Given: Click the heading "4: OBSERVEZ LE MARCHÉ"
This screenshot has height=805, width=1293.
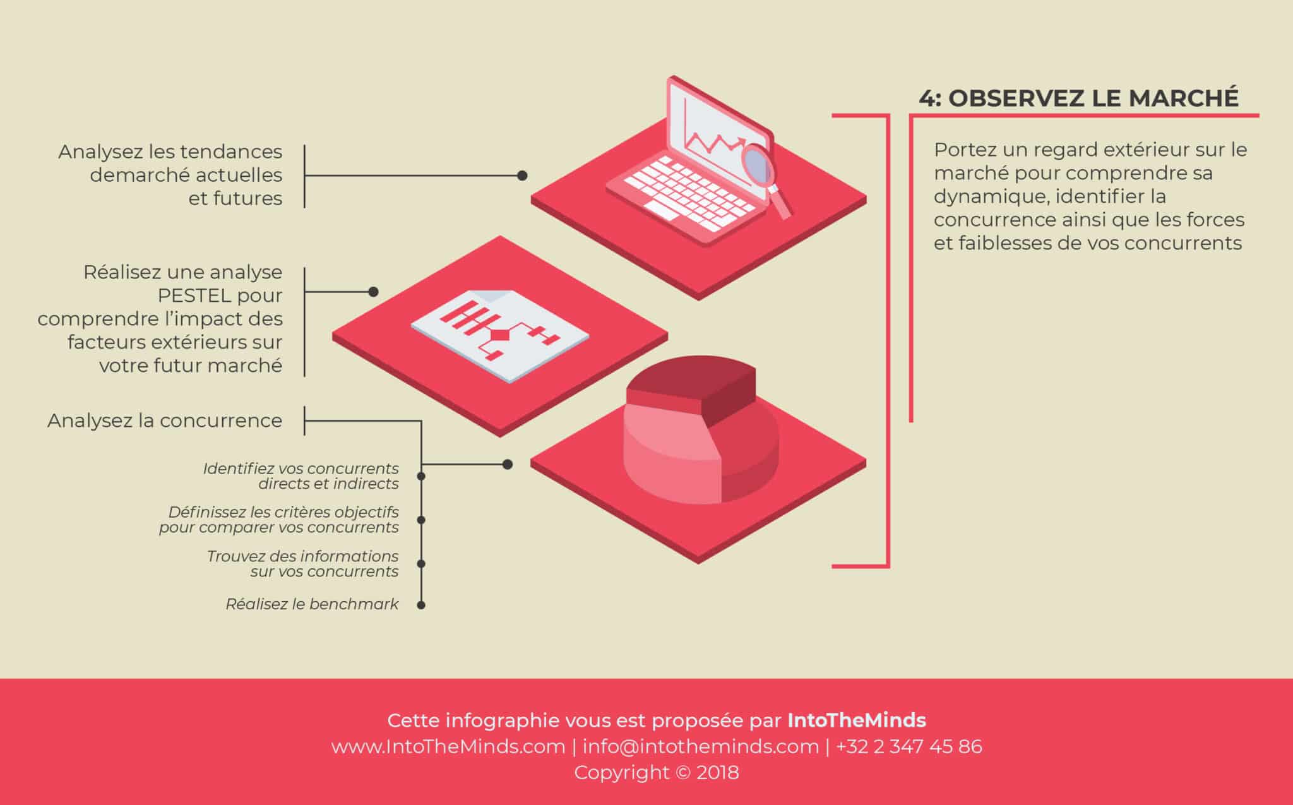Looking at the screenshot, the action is click(x=1078, y=98).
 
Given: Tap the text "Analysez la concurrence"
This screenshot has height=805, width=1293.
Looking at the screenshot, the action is click(x=165, y=420).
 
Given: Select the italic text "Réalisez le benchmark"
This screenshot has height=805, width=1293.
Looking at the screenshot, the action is click(x=312, y=604).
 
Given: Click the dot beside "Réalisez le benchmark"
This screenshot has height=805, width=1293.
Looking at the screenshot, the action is click(x=421, y=605).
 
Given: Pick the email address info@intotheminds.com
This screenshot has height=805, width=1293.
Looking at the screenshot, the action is click(x=701, y=747).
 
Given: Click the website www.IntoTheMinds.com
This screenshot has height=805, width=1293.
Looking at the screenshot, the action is click(x=448, y=747).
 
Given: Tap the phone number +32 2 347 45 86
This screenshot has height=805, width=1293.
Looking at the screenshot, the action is click(x=909, y=747).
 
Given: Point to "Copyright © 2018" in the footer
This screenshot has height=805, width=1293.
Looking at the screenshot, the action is click(x=656, y=773).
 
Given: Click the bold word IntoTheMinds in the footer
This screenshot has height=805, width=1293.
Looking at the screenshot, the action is click(x=857, y=720).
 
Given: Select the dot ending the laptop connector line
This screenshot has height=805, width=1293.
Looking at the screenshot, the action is click(x=522, y=176).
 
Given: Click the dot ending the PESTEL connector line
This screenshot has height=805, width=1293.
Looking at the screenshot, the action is click(x=373, y=292).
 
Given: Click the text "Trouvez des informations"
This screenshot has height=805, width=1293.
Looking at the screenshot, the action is click(x=302, y=556).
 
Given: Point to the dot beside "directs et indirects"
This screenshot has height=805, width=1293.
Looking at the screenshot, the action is click(x=421, y=476).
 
